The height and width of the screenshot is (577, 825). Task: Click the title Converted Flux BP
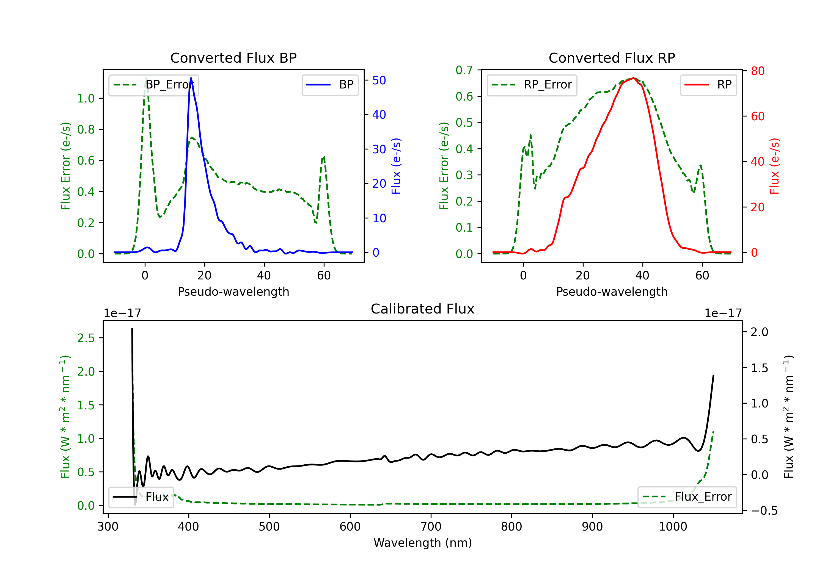click(233, 58)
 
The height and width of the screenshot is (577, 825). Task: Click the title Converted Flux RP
click(612, 58)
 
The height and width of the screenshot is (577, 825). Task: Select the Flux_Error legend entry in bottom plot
click(687, 497)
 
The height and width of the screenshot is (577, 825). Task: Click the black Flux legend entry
click(141, 497)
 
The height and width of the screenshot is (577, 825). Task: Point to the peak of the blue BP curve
click(191, 78)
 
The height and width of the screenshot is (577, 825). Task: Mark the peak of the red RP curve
click(634, 78)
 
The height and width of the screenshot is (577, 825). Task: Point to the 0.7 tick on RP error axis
click(464, 70)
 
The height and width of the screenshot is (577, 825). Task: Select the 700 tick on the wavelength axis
click(431, 527)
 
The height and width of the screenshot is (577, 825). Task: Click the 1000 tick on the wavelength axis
click(673, 527)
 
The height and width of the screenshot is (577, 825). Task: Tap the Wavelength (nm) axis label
click(423, 543)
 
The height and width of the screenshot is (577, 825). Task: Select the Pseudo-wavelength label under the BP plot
click(233, 292)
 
